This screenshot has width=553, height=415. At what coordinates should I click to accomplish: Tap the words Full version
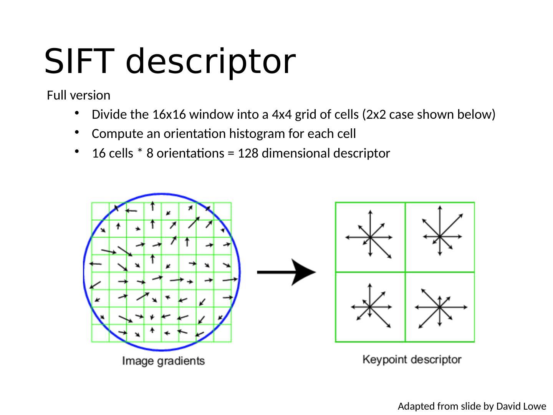pos(78,95)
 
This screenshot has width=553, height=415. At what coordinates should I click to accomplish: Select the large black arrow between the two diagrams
pos(286,272)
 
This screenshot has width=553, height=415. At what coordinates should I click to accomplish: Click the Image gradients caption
pos(163,361)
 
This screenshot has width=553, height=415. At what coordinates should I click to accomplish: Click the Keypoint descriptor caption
pos(412,360)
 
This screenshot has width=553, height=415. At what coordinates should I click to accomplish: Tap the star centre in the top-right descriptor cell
pos(440,236)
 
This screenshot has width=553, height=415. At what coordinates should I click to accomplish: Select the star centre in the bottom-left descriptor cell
pos(369,307)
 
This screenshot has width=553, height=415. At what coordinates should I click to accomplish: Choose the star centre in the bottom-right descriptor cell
pos(440,307)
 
